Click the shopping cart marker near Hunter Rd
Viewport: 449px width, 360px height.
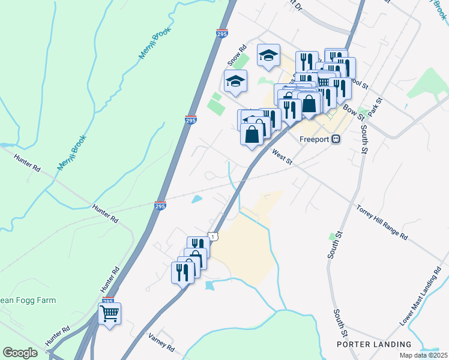tap(109, 313)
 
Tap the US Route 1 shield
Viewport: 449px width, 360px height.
tap(212, 237)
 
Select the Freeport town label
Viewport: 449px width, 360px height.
tap(314, 139)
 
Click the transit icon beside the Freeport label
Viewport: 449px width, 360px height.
tap(336, 139)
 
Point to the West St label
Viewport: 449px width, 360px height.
tap(282, 158)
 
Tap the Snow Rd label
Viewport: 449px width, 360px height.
tap(237, 56)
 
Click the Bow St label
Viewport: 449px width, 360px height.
tap(354, 112)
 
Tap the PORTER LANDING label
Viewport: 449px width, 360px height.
tap(374, 344)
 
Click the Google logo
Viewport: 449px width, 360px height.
tap(20, 353)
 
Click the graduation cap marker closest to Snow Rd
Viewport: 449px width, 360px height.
tap(236, 82)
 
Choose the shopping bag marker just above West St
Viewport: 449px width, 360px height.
tap(252, 133)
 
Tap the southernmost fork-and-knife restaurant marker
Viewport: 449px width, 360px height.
tap(182, 272)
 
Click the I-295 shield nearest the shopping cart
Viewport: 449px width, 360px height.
tap(107, 302)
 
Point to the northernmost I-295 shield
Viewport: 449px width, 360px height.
tap(222, 34)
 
